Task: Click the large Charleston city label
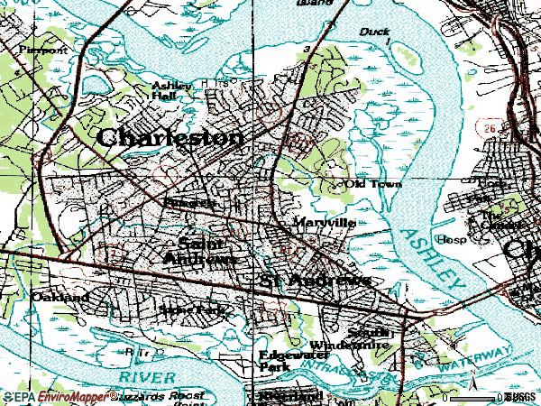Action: click(170, 137)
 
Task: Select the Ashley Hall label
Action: click(171, 91)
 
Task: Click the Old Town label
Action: click(373, 184)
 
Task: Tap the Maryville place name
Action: click(326, 222)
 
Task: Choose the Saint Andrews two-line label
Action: click(201, 251)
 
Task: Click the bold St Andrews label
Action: click(316, 281)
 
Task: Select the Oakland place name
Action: click(60, 297)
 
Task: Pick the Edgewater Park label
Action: click(287, 360)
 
